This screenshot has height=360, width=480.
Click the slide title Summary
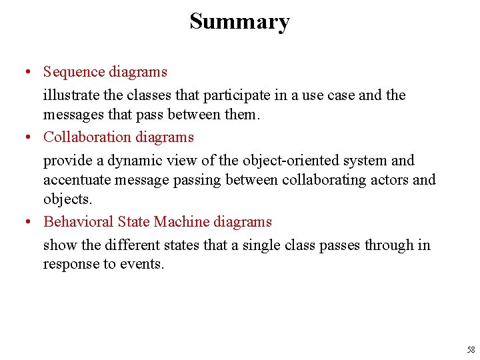tap(239, 21)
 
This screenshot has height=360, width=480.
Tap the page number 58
tap(471, 349)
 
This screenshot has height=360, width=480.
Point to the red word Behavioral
tap(78, 221)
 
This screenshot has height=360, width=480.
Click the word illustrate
tap(70, 95)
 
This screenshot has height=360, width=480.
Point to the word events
tap(142, 264)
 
